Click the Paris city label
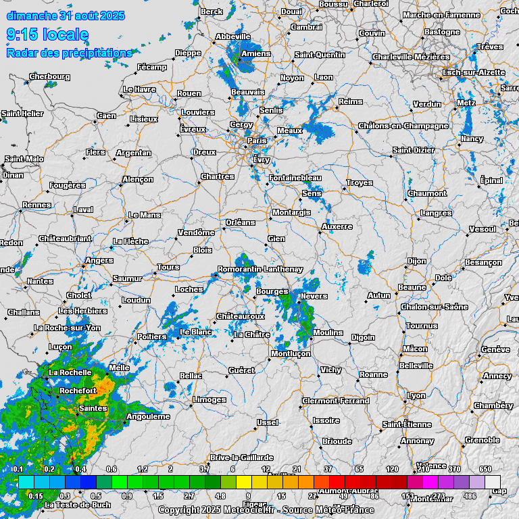(x=257, y=141)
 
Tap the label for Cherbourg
(x=49, y=76)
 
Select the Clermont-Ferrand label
(x=337, y=401)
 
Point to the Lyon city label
(x=416, y=395)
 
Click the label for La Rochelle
(x=70, y=372)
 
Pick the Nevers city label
(x=314, y=296)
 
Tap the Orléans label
(x=241, y=222)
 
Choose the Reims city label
(x=350, y=101)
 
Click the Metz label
(x=466, y=103)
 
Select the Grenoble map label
(x=483, y=440)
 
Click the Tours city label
(x=168, y=268)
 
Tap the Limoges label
(x=209, y=399)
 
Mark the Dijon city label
(x=416, y=261)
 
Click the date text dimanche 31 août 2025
(x=66, y=16)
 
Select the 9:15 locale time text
(x=47, y=34)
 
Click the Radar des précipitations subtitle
(x=69, y=53)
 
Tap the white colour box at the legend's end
(x=493, y=482)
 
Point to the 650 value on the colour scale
(x=485, y=469)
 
